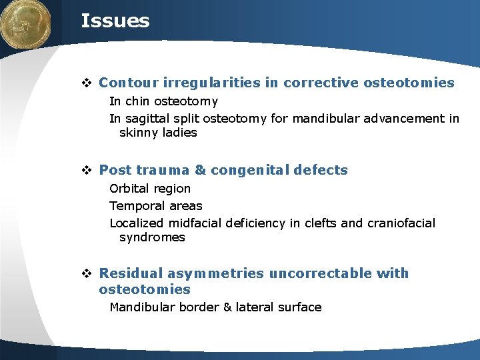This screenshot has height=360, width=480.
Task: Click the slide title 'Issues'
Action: coord(115,21)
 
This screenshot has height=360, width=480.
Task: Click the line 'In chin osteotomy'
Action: coord(163,101)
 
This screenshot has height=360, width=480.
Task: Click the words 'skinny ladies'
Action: coord(158,133)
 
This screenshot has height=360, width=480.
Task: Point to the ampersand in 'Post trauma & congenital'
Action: coord(200,170)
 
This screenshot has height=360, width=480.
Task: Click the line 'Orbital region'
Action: coord(150,189)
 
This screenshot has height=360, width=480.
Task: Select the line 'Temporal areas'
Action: coord(155,206)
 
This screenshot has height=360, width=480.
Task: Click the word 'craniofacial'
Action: coord(399,223)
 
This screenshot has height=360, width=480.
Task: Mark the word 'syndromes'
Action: coord(152,237)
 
